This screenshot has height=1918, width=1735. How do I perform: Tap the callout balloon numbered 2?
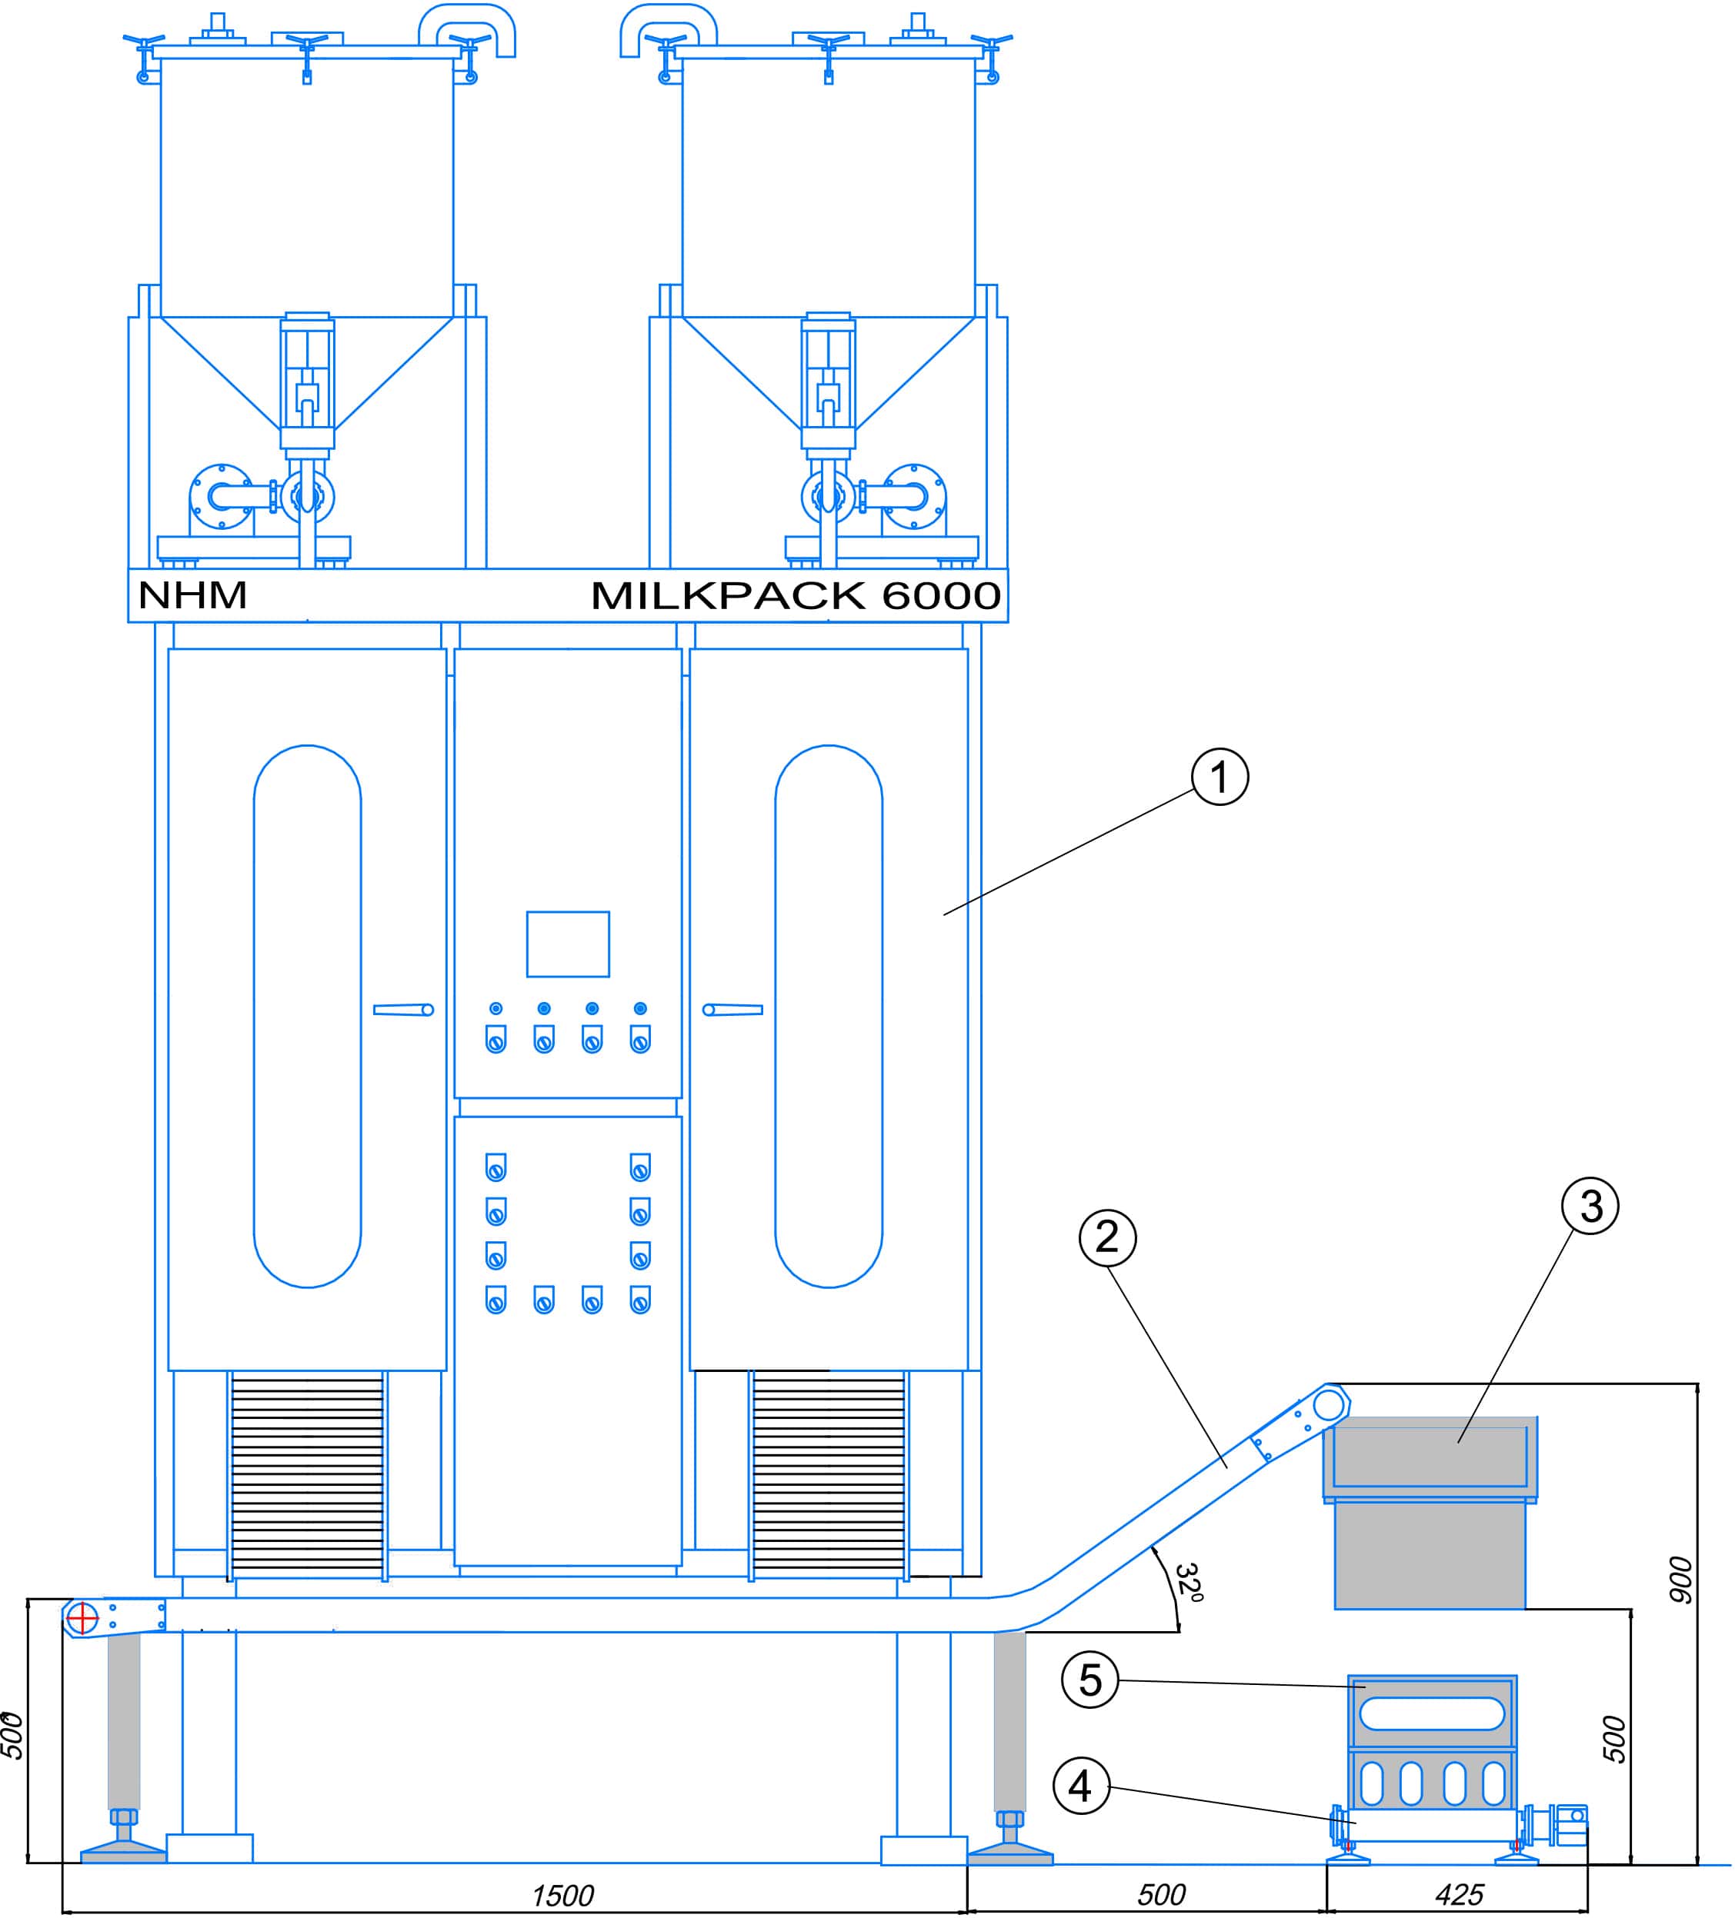pyautogui.click(x=1107, y=1237)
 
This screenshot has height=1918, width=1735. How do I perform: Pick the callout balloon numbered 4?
pyautogui.click(x=1080, y=1786)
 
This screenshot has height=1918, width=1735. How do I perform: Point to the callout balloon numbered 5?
pyautogui.click(x=1089, y=1680)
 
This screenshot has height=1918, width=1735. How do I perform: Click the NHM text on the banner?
pyautogui.click(x=193, y=595)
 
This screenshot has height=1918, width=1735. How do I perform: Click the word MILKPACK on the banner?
pyautogui.click(x=728, y=595)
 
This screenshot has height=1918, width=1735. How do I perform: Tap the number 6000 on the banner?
pyautogui.click(x=941, y=595)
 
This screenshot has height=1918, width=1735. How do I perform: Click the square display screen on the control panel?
pyautogui.click(x=568, y=944)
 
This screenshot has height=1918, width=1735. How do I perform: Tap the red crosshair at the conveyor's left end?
pyautogui.click(x=83, y=1617)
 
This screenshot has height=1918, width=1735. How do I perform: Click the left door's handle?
pyautogui.click(x=403, y=1010)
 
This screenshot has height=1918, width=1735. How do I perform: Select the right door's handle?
pyautogui.click(x=732, y=1010)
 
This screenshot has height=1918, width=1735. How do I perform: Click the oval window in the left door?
pyautogui.click(x=308, y=1016)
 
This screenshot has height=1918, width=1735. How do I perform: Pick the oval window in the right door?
pyautogui.click(x=829, y=1016)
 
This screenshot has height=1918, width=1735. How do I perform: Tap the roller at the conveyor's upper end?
pyautogui.click(x=1329, y=1404)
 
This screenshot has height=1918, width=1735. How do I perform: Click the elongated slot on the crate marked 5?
pyautogui.click(x=1431, y=1713)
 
